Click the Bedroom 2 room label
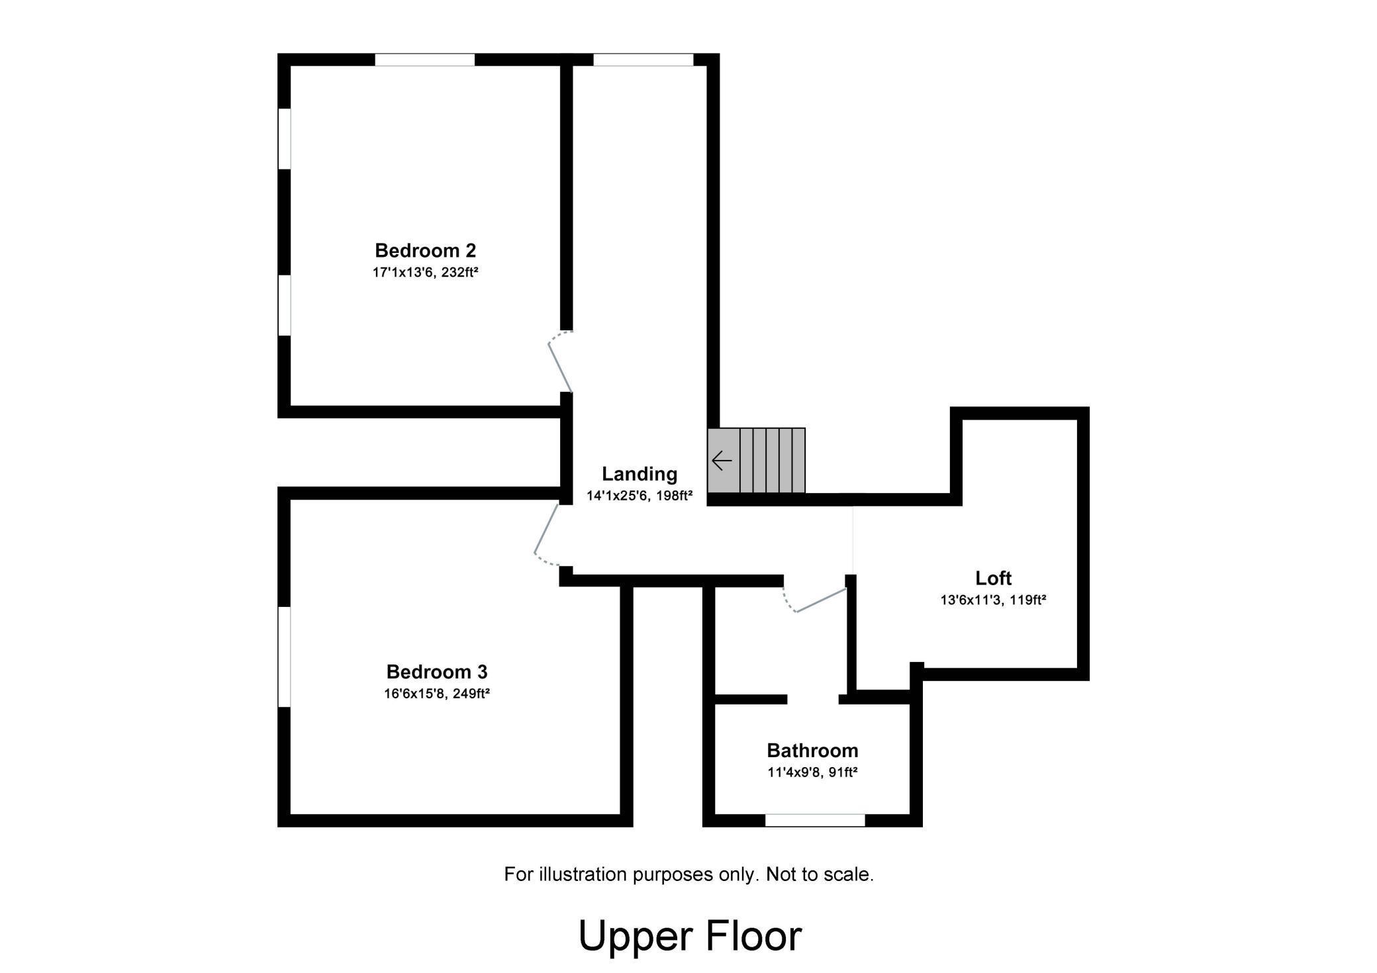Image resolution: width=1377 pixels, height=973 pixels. [x=425, y=250]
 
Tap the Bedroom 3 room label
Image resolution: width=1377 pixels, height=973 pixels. [x=436, y=672]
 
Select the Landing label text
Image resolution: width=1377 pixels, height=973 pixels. [x=639, y=474]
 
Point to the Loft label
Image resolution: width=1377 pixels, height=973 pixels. [x=993, y=578]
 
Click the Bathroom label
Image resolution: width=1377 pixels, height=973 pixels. [x=812, y=751]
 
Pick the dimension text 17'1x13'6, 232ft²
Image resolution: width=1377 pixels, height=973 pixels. [x=425, y=272]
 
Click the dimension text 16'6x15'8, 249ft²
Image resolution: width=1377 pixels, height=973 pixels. [x=436, y=694]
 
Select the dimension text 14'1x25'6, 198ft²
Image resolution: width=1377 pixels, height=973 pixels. [x=639, y=496]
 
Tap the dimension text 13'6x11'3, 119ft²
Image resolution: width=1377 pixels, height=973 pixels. [x=993, y=600]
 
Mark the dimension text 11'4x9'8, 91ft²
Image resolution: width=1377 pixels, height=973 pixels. [x=812, y=772]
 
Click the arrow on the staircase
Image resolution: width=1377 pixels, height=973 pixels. [x=722, y=460]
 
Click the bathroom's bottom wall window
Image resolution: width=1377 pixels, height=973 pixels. [x=815, y=820]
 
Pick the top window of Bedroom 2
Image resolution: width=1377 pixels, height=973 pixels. [x=424, y=60]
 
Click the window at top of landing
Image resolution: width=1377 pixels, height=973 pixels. [x=643, y=60]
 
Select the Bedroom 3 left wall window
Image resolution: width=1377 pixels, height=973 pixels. [x=284, y=657]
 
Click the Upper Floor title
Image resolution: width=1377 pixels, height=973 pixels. [x=689, y=936]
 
